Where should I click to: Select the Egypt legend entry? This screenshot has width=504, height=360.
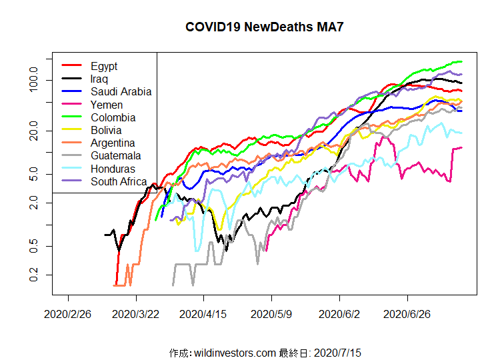point(104,66)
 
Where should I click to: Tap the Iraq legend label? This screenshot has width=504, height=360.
point(99,79)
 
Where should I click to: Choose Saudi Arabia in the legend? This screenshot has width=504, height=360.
point(121,92)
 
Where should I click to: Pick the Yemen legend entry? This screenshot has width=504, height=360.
point(107,105)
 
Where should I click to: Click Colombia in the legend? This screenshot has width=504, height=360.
point(113,117)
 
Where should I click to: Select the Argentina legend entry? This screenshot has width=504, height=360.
point(113,143)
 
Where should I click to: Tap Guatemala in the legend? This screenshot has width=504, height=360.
point(115,156)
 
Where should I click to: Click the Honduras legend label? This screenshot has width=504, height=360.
point(113,169)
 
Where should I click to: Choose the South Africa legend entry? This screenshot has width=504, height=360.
point(119,181)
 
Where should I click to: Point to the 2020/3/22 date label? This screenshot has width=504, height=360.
point(137,313)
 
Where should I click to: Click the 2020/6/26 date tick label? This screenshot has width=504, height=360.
point(409,313)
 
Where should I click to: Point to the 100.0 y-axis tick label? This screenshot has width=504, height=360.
point(39,80)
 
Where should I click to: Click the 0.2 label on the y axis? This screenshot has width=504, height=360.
point(39,275)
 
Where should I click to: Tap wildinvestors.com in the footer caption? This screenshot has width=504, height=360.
point(235,352)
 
